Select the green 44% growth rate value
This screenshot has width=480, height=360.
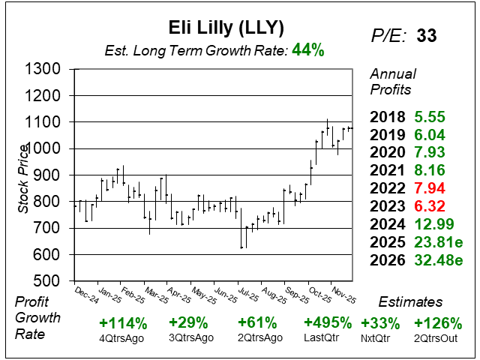pyautogui.click(x=308, y=50)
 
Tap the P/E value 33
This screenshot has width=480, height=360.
pyautogui.click(x=427, y=35)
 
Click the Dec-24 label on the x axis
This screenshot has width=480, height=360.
pyautogui.click(x=86, y=293)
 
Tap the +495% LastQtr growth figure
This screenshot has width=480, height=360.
pyautogui.click(x=327, y=324)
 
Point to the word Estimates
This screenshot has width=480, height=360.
pyautogui.click(x=409, y=302)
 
